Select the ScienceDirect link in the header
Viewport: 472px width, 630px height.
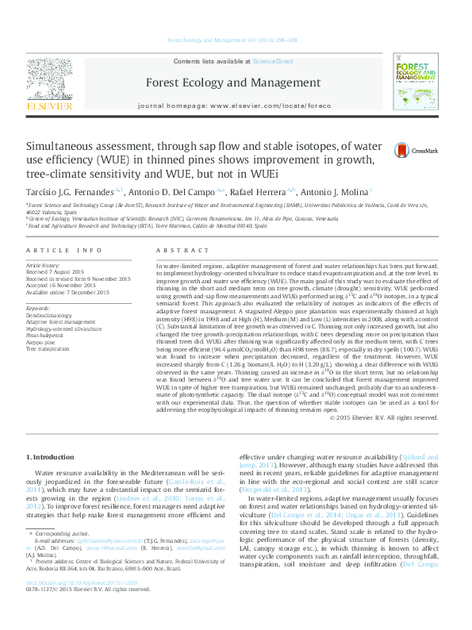273,61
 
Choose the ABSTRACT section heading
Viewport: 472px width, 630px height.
176,249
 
